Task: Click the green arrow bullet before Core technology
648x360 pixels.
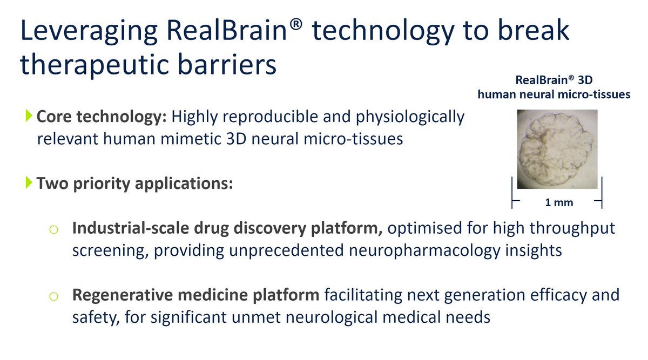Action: (29, 116)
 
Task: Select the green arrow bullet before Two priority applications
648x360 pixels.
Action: (29, 184)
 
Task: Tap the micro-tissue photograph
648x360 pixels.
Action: (557, 150)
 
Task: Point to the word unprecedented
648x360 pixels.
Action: (260, 251)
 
